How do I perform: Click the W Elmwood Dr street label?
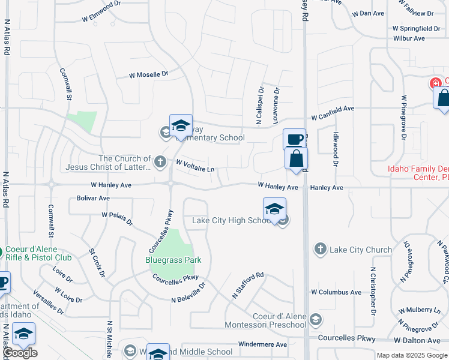pos(106,17)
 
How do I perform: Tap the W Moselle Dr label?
pos(149,75)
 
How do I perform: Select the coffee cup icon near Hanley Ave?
pos(294,140)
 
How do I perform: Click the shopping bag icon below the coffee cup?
pos(296,160)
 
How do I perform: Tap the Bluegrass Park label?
pos(173,260)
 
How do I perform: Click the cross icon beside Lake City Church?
pos(321,249)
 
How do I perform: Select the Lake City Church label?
pos(361,250)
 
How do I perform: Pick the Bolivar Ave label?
pos(93,198)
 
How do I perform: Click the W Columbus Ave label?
pos(336,292)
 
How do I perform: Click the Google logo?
pos(20,353)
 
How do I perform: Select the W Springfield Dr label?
pos(416,28)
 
